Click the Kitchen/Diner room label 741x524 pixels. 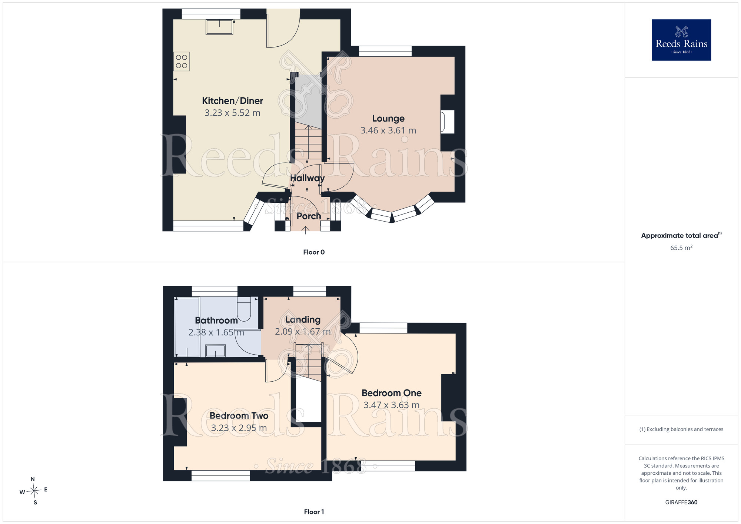[x=232, y=101]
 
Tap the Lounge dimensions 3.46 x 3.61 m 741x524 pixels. [x=388, y=130]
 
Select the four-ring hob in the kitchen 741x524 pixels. [x=182, y=62]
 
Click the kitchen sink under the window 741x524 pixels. [x=219, y=27]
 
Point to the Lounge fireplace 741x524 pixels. [x=447, y=122]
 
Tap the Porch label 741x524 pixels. [x=309, y=216]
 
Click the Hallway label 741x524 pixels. [x=307, y=178]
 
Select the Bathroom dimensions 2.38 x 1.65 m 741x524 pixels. [x=216, y=332]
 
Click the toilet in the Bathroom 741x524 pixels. [x=244, y=309]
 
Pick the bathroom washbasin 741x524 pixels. [x=215, y=351]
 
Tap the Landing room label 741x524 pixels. [x=303, y=319]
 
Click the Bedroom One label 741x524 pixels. [x=392, y=393]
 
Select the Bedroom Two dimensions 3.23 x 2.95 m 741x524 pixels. [x=239, y=428]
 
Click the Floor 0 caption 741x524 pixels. [x=314, y=252]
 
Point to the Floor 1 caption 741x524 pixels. [x=314, y=512]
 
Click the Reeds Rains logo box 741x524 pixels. [x=681, y=40]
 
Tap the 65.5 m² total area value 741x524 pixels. [x=681, y=248]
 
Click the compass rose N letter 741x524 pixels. [x=33, y=479]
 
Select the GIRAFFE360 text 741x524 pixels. [x=681, y=503]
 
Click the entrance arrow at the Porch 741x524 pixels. [x=305, y=230]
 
